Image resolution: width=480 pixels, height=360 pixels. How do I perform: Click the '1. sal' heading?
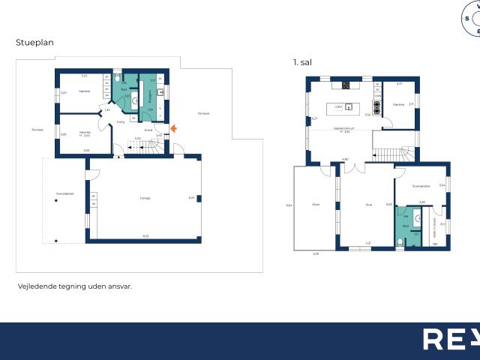pyautogui.click(x=302, y=63)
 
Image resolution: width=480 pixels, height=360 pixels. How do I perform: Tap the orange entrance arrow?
pyautogui.click(x=173, y=129)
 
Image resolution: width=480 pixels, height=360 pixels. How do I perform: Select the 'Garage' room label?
pyautogui.click(x=145, y=198)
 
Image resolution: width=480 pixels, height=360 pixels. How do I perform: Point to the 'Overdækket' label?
pyautogui.click(x=64, y=194)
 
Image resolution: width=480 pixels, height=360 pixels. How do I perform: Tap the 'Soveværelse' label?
pyautogui.click(x=421, y=185)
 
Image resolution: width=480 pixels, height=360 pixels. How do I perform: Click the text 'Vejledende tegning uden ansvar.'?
pyautogui.click(x=74, y=286)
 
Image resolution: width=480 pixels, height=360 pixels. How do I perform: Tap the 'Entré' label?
pyautogui.click(x=148, y=130)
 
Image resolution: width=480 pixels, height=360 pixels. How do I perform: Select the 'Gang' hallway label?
pyautogui.click(x=120, y=121)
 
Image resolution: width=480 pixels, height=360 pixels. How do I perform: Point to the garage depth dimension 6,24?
pyautogui.click(x=191, y=197)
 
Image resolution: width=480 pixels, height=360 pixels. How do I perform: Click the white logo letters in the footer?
pyautogui.click(x=450, y=339)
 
